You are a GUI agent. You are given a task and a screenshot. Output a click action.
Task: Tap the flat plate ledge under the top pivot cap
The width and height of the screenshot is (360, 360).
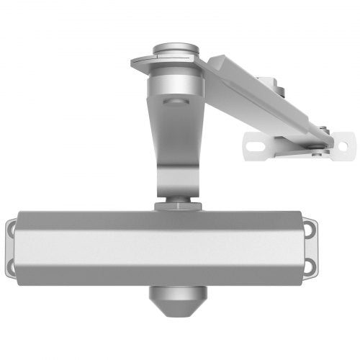coord(144,63)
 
